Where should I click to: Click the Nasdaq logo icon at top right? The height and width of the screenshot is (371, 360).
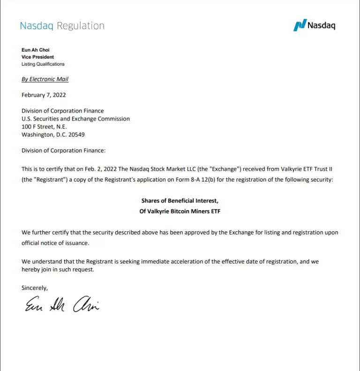click(x=300, y=25)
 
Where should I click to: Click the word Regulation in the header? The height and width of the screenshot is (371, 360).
click(x=80, y=26)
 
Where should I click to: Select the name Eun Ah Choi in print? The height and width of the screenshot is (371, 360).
click(x=35, y=50)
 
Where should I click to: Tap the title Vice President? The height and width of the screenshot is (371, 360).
click(x=37, y=57)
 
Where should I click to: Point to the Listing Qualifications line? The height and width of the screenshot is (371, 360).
click(x=43, y=64)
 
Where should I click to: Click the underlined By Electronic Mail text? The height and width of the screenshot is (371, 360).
click(x=45, y=79)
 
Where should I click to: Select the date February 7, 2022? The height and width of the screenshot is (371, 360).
click(x=44, y=95)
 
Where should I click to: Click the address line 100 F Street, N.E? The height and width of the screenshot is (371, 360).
click(x=44, y=127)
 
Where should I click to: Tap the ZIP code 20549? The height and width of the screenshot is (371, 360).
click(x=75, y=135)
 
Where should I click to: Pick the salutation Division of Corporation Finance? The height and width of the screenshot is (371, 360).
click(x=64, y=151)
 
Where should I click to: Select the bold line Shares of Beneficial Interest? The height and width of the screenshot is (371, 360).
click(x=180, y=201)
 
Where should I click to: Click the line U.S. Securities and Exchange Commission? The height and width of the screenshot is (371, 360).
click(x=75, y=119)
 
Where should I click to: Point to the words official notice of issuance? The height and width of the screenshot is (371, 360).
click(x=55, y=243)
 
